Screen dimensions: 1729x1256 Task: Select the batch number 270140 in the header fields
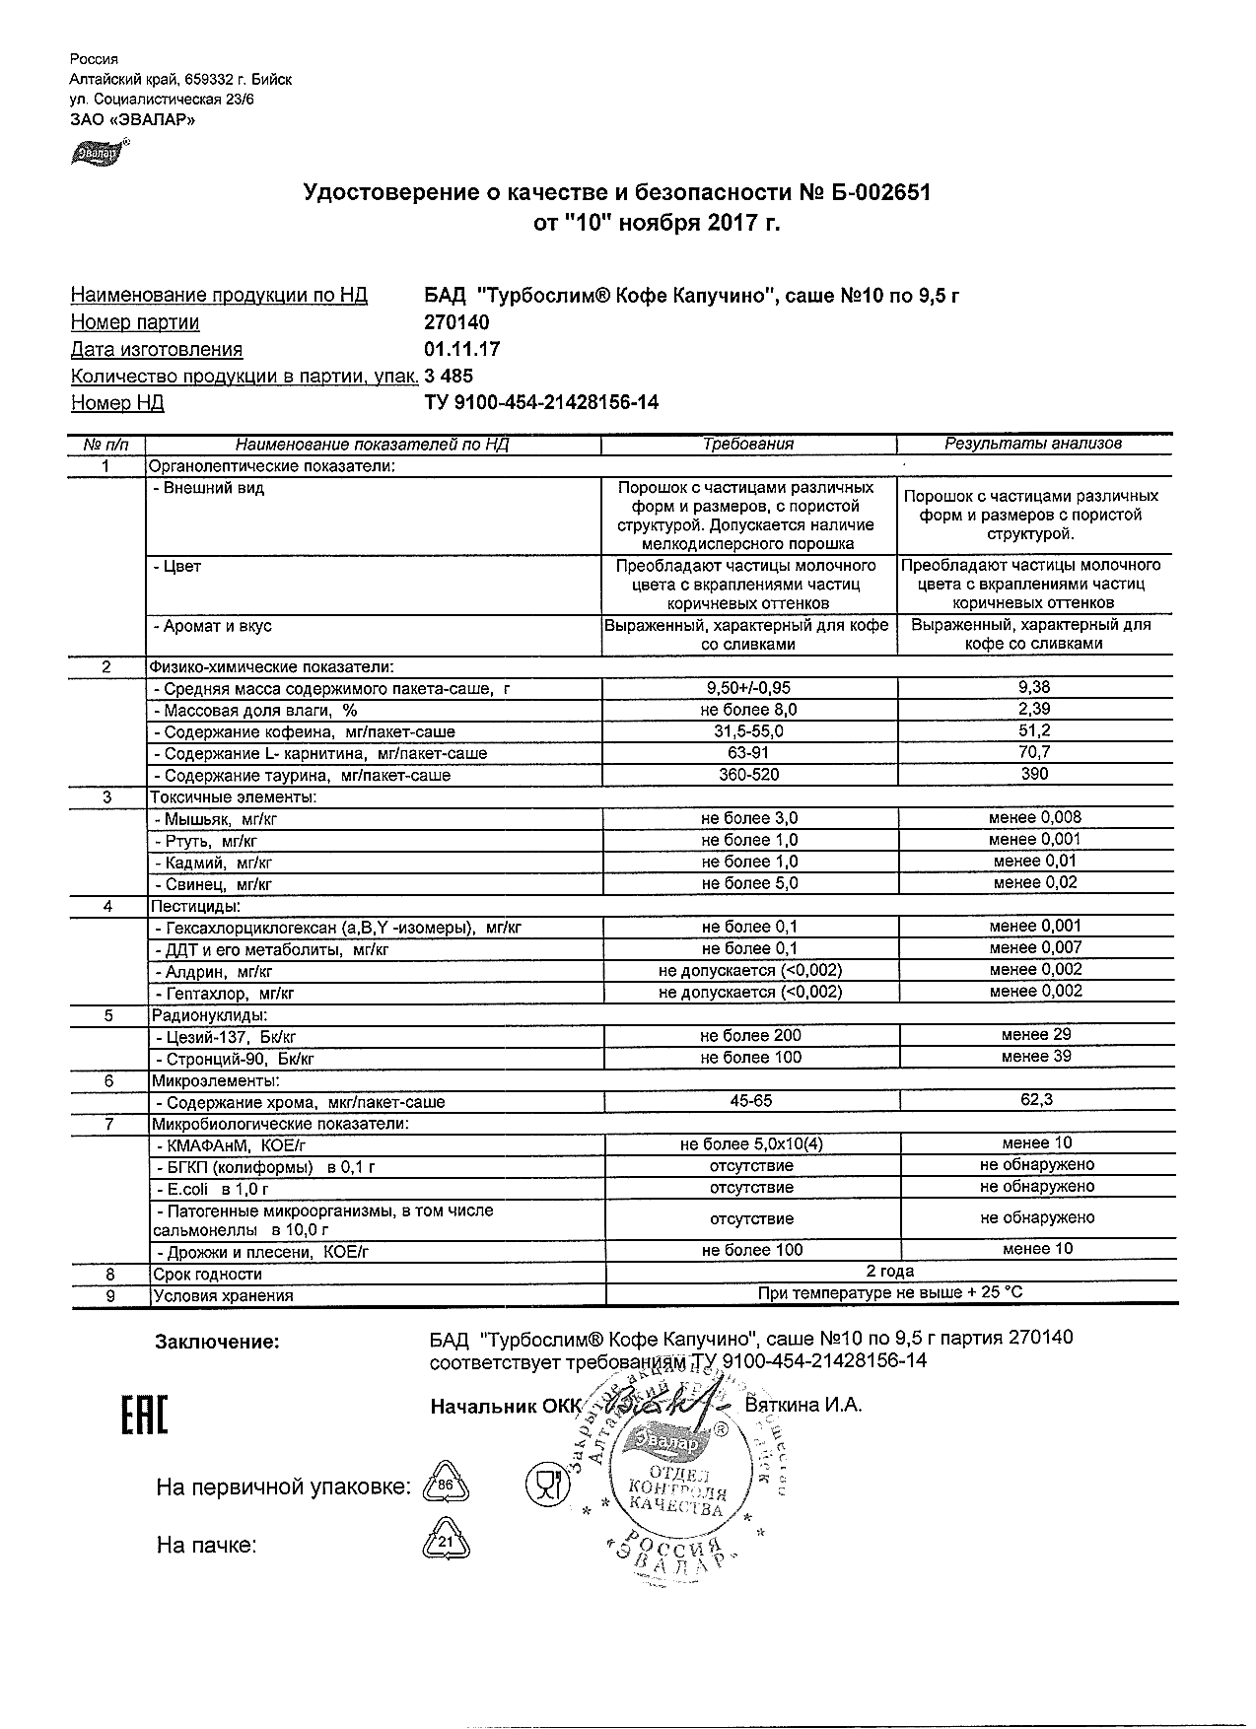click(456, 322)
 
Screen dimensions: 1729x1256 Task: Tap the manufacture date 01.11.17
click(461, 349)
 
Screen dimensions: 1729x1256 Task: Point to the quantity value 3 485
click(449, 376)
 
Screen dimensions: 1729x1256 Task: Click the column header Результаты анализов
click(1033, 444)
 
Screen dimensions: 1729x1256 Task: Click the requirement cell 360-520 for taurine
click(749, 775)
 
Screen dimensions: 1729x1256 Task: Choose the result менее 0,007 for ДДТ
click(1035, 947)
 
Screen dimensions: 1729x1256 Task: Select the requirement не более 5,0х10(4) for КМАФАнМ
click(751, 1143)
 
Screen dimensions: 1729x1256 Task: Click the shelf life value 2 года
click(889, 1272)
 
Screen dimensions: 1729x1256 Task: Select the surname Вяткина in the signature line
click(785, 1405)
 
